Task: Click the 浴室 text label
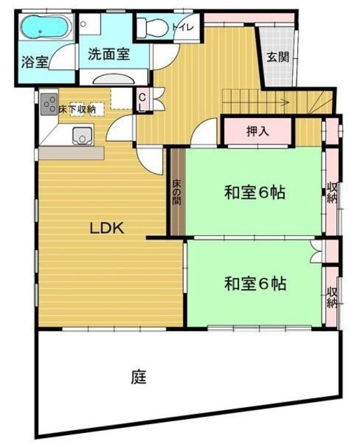(x=34, y=62)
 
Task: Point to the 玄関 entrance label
(x=278, y=57)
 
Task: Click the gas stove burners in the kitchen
(x=50, y=105)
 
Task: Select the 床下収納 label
(x=76, y=108)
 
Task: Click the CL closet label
(x=141, y=103)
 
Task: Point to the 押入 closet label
(x=257, y=131)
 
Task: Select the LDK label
(x=106, y=227)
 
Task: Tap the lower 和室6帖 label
(x=256, y=284)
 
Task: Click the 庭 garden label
(x=138, y=378)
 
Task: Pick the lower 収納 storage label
(x=332, y=298)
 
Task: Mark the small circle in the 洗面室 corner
(x=84, y=23)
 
